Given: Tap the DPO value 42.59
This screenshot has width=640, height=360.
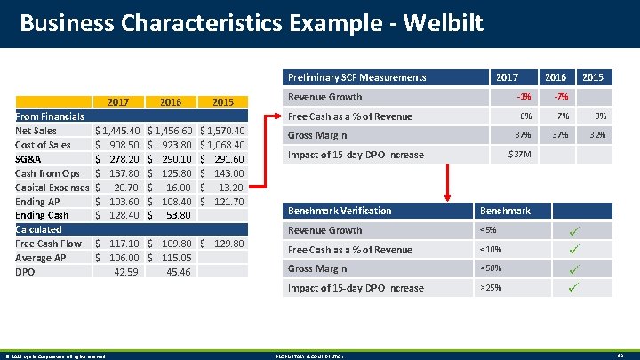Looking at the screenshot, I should click(x=126, y=272).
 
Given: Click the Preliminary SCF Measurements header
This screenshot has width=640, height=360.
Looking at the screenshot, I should click(x=356, y=77).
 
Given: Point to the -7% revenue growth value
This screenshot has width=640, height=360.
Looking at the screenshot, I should click(x=562, y=97).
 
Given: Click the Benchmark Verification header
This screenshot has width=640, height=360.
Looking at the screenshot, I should click(x=340, y=211).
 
